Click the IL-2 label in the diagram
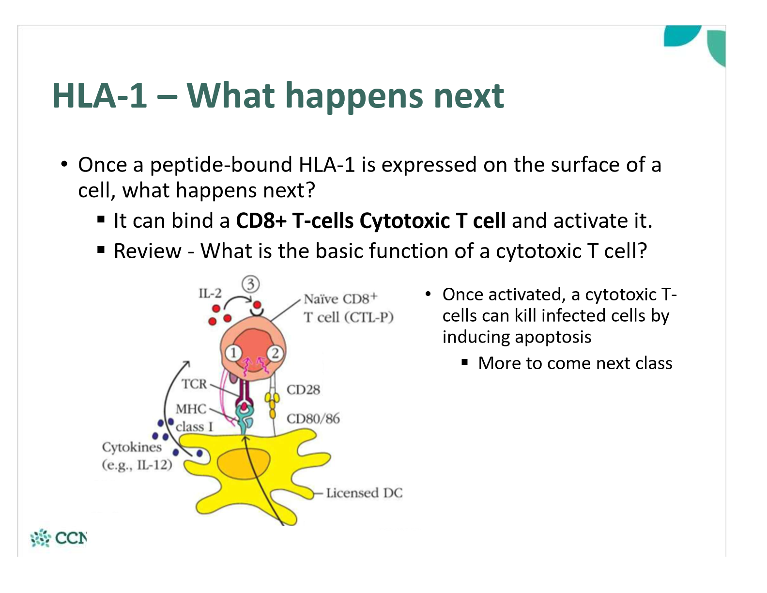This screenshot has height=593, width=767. point(210,293)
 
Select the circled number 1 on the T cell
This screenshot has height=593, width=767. point(233,353)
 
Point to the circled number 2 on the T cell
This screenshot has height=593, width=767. point(275,353)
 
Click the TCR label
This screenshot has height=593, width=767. point(194,384)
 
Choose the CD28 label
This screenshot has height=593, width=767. point(303,390)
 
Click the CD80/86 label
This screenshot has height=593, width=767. point(313,418)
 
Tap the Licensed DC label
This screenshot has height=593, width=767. point(364,493)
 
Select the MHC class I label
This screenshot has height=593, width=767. point(193,418)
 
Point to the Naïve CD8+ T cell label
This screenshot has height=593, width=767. point(348,308)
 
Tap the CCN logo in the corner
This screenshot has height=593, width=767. point(59,538)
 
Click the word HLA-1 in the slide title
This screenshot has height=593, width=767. point(99,95)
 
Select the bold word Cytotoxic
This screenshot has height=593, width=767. point(405,221)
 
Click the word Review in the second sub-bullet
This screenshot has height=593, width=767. point(147,251)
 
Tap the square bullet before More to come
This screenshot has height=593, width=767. point(465,362)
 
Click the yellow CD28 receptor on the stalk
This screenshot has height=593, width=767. point(273,400)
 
